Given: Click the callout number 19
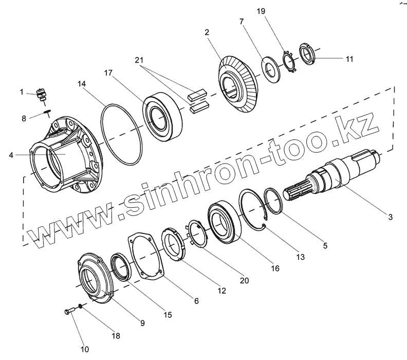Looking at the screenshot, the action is click(261, 11).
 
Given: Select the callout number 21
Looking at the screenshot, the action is click(139, 60).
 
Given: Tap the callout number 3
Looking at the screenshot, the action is click(390, 217).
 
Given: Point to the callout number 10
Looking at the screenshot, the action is click(85, 349).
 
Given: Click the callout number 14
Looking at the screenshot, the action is click(82, 84).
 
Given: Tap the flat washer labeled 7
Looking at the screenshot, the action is click(270, 69).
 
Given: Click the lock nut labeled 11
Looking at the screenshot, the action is click(307, 55).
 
